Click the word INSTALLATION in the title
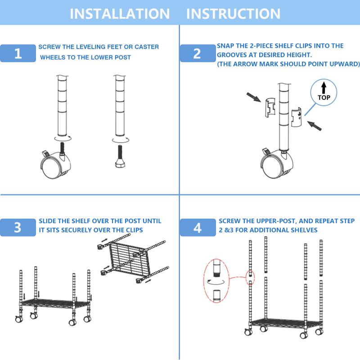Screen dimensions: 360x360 [120, 13]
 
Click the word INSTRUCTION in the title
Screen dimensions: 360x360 [233, 13]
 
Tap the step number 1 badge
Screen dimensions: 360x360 [18, 54]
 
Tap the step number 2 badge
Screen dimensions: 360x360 [197, 54]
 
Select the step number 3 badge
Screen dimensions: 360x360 [18, 227]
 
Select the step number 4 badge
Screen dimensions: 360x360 [197, 228]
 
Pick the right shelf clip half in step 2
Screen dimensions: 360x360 [297, 117]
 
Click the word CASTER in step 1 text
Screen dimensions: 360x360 [145, 47]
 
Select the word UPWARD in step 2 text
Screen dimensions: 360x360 [342, 64]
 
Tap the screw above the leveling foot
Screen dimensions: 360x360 [120, 149]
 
